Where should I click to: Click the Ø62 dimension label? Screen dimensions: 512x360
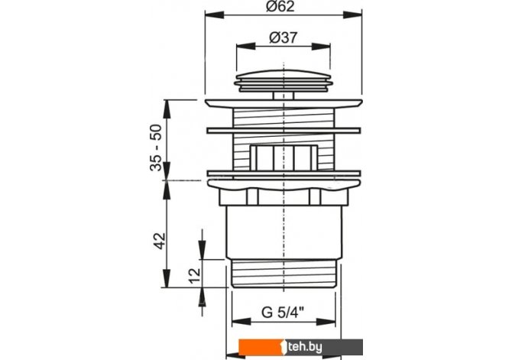pyautogui.click(x=280, y=6)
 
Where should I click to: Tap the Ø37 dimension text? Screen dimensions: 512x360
pyautogui.click(x=283, y=38)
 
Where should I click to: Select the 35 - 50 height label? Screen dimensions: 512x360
pyautogui.click(x=157, y=148)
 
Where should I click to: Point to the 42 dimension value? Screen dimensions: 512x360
pyautogui.click(x=160, y=241)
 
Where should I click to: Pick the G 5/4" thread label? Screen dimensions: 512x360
pyautogui.click(x=283, y=313)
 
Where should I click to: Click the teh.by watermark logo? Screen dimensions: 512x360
pyautogui.click(x=300, y=347)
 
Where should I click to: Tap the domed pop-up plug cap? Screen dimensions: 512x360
pyautogui.click(x=284, y=81)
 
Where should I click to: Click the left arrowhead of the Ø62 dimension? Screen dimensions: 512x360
pyautogui.click(x=215, y=15)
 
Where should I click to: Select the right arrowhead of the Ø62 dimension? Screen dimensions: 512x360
pyautogui.click(x=352, y=15)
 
